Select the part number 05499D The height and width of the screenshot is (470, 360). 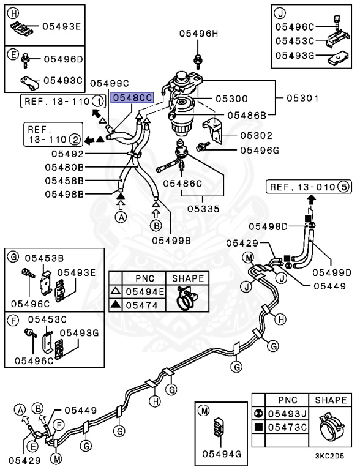click(x=331, y=272)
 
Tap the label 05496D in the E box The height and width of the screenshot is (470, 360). click(x=62, y=59)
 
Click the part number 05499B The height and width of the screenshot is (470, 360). click(x=171, y=241)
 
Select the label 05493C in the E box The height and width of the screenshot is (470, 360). click(x=62, y=80)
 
